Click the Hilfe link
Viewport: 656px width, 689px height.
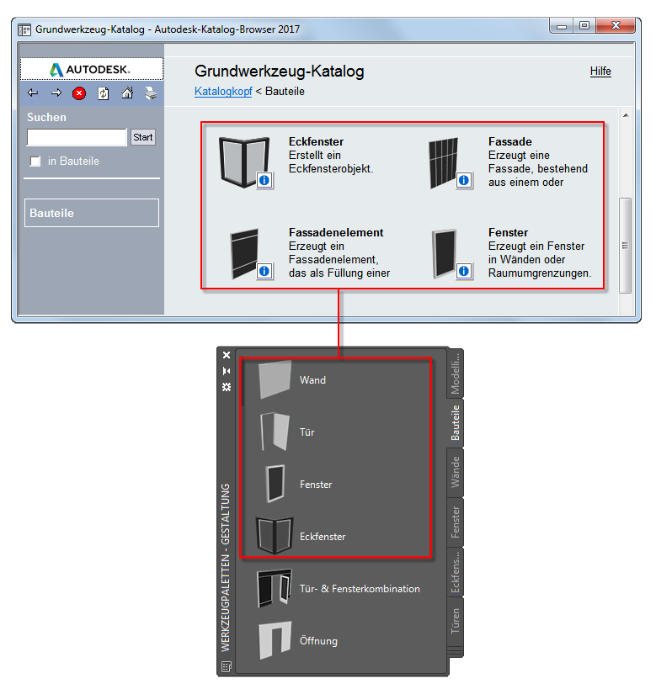600,72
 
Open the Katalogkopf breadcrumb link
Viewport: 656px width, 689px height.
223,91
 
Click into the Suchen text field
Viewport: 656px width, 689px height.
77,137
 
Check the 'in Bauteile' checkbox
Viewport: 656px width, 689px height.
35,161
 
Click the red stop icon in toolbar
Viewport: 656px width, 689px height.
79,93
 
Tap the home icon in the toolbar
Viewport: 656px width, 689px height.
127,93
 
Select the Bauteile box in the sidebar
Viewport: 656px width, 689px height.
91,213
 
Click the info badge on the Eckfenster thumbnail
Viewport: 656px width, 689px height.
264,180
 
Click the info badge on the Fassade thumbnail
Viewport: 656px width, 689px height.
464,180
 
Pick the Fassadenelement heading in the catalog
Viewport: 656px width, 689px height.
336,232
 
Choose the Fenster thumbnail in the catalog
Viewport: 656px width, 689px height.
443,251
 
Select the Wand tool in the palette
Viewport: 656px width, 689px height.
312,380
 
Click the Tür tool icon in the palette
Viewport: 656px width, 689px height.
273,432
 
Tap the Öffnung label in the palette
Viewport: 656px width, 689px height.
318,641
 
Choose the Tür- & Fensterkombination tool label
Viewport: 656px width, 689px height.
360,589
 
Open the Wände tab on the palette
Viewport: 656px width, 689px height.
456,472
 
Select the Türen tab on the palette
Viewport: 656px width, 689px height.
456,623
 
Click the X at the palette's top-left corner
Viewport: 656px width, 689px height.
227,356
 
